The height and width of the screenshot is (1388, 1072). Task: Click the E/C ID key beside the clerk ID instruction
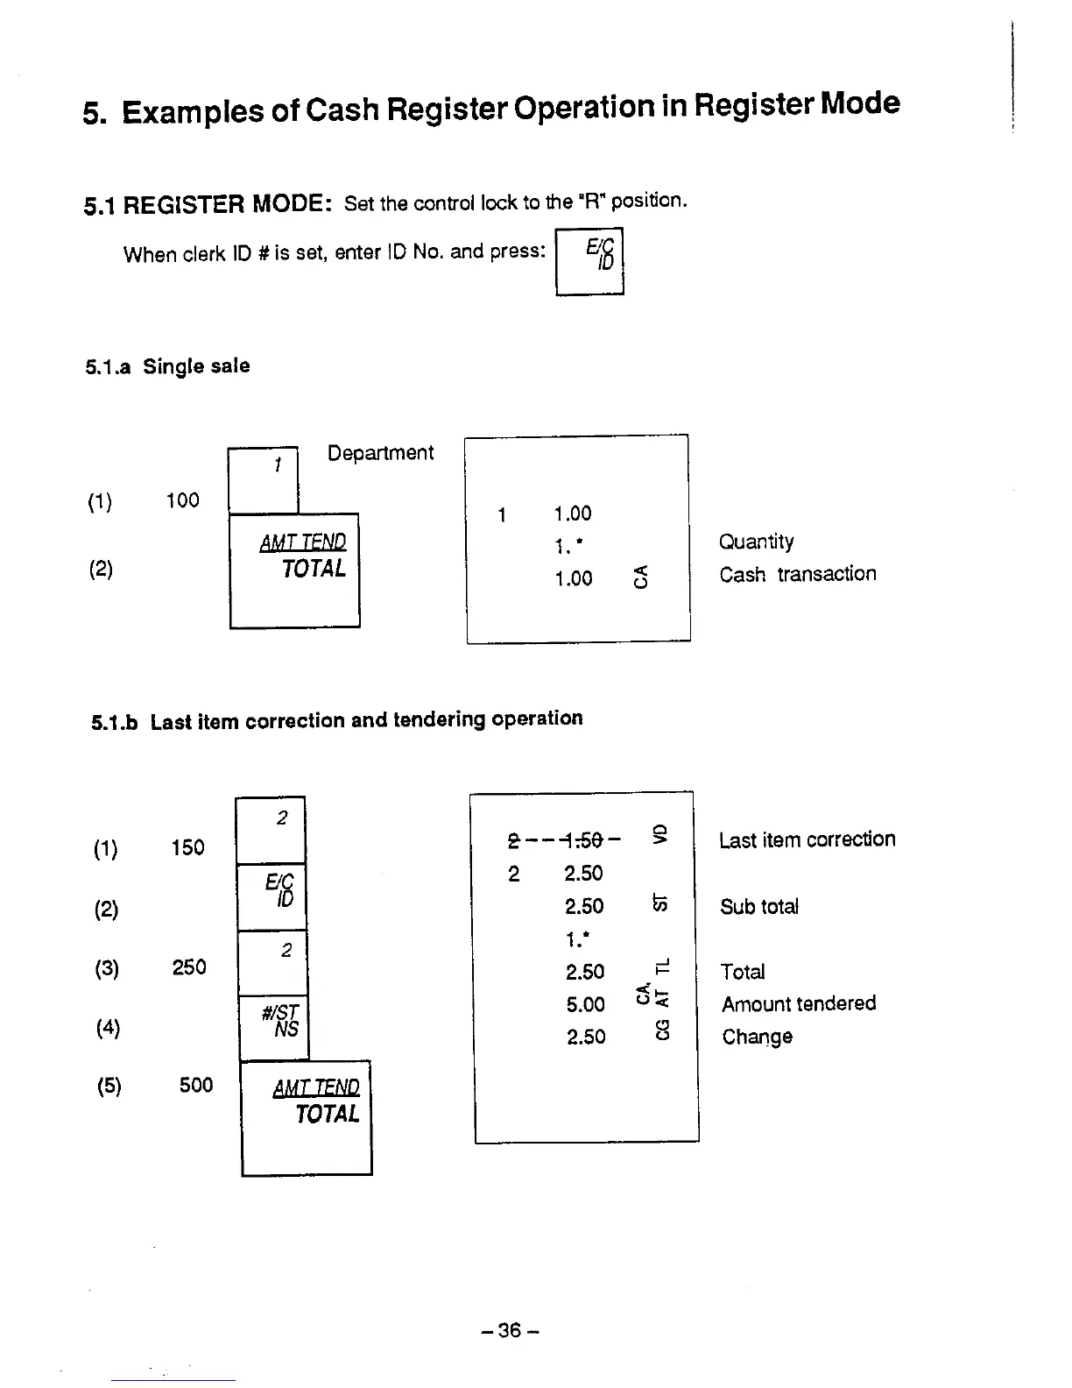[x=589, y=260]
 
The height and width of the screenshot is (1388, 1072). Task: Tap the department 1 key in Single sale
[x=263, y=480]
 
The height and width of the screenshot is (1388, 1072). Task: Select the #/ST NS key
[x=273, y=1027]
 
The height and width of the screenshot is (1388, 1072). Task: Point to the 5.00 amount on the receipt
[x=586, y=1004]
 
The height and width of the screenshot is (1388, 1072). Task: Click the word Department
[x=380, y=453]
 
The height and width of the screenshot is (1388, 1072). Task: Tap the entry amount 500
[x=196, y=1086]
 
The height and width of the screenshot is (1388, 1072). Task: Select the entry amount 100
[x=183, y=500]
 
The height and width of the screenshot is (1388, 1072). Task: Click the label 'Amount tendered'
[x=799, y=1003]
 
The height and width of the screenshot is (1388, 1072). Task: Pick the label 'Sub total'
[x=759, y=907]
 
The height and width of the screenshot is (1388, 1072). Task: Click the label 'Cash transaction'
[x=798, y=574]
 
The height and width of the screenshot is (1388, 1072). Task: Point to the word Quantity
[x=757, y=542]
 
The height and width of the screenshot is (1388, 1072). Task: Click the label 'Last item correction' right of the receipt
[x=807, y=839]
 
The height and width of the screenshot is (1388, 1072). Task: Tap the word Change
[x=758, y=1037]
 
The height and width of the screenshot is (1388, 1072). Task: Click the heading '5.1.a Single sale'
[x=167, y=366]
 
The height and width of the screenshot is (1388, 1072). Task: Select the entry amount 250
[x=189, y=967]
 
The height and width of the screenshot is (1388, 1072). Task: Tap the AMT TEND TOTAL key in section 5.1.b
[x=307, y=1117]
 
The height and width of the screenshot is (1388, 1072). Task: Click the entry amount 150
[x=188, y=847]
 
